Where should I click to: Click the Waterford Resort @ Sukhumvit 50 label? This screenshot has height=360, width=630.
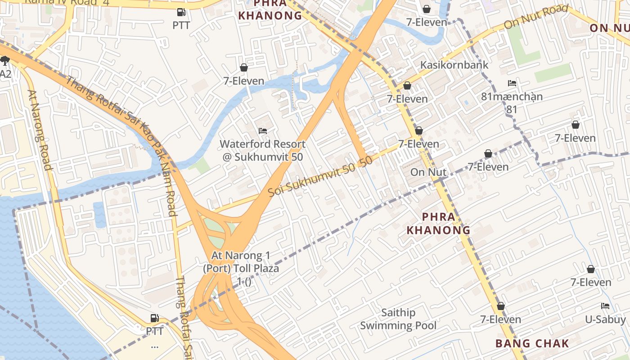(263, 151)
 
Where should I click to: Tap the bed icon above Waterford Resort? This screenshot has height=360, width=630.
(263, 131)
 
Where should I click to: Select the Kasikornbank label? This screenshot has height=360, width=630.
(454, 65)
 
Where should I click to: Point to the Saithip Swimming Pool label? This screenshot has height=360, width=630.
(398, 319)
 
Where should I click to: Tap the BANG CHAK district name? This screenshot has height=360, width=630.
(532, 343)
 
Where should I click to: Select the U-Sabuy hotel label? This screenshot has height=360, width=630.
(605, 319)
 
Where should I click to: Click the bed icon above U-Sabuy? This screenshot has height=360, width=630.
(605, 306)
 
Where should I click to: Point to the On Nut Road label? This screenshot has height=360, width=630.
(535, 17)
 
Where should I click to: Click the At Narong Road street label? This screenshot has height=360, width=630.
(40, 130)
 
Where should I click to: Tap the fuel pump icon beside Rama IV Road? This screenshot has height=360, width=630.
(181, 13)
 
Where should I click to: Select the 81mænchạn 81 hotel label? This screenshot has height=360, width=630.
(512, 103)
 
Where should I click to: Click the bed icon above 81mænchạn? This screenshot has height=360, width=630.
(512, 83)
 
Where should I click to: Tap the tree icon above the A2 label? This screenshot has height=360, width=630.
(5, 61)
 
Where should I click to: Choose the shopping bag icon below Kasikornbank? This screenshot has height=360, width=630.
(407, 85)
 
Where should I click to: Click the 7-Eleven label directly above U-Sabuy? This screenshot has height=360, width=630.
(591, 282)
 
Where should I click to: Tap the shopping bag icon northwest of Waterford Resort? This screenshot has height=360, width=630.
(244, 67)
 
